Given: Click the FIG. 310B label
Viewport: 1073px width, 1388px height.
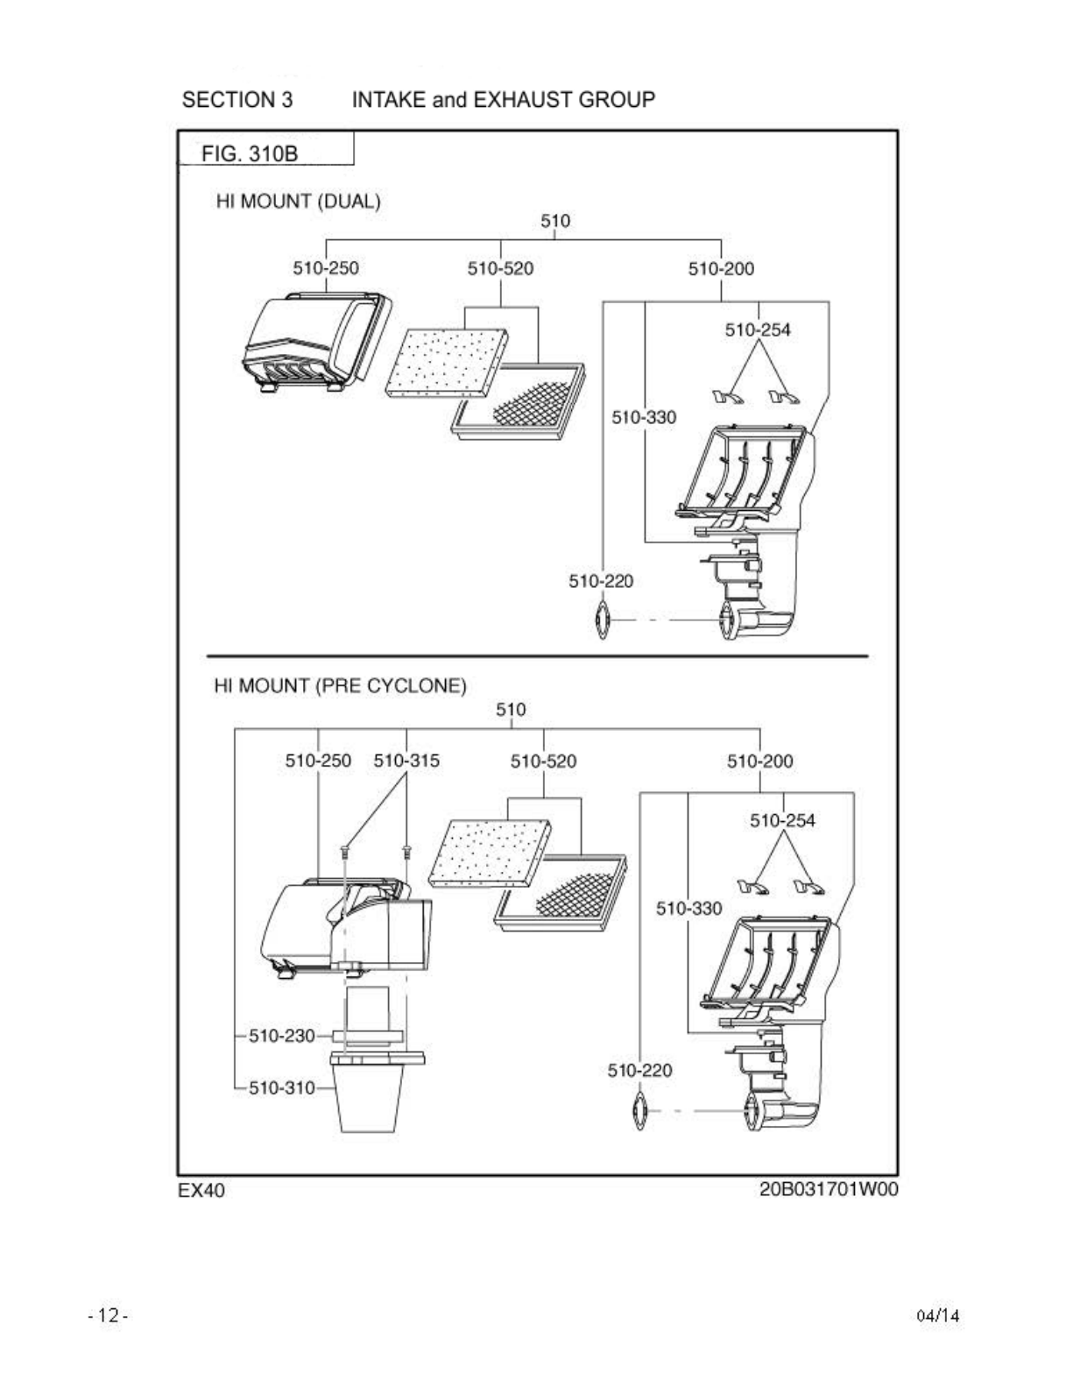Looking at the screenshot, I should coord(250,153).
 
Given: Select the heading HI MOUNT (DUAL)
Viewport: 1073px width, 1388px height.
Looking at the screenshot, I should coord(298,202).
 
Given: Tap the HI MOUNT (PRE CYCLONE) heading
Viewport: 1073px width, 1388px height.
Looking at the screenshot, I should coord(340,685).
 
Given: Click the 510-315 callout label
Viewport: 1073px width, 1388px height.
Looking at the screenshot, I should coord(406,761).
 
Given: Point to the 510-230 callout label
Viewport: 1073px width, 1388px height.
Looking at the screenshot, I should coord(281,1036).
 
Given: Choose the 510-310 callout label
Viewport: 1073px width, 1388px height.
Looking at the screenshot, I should coord(281,1088).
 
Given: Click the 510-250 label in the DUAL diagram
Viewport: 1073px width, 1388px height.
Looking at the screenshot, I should coord(326,268).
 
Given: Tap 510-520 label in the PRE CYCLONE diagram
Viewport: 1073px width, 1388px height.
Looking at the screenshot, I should coord(543,761).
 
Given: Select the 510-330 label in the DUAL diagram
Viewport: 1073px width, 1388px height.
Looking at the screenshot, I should coord(644,417).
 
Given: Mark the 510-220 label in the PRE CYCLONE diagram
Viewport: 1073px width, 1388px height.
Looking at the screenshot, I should coord(640,1070).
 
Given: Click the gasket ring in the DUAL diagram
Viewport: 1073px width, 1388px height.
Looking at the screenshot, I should coord(602,620).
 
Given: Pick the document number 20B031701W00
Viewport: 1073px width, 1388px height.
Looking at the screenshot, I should coord(828,1189).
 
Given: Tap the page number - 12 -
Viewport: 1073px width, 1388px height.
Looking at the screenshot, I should coord(109,1315).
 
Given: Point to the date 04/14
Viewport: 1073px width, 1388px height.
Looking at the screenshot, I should coord(937,1315).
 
